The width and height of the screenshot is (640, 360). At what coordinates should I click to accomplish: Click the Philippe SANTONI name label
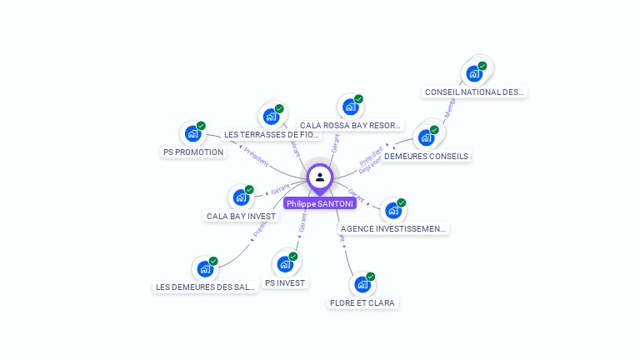pos(319,203)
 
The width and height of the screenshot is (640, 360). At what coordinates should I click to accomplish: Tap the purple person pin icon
pos(319,177)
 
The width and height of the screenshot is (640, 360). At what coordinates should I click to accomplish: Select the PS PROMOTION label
pos(193,152)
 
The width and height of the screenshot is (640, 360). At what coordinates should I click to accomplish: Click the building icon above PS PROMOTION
pos(192,133)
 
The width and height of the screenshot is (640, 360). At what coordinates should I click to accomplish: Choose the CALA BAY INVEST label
pos(241,217)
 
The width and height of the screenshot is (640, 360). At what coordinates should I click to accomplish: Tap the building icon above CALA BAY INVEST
pos(241,197)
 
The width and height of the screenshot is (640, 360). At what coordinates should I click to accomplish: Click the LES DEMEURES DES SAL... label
pos(205,287)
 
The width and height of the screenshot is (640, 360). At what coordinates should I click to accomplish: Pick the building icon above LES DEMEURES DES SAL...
pos(205,268)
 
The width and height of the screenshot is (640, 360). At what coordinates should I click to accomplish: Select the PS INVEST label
pos(286,282)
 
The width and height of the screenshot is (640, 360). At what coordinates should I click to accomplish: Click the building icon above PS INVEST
pos(286,264)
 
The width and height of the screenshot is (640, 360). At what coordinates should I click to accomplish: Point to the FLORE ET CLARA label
pos(362,303)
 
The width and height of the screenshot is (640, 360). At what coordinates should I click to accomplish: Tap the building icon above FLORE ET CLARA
pos(362,284)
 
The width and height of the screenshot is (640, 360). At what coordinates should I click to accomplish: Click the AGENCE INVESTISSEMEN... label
pos(393,228)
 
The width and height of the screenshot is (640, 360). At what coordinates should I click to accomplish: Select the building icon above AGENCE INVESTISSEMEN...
pos(392,210)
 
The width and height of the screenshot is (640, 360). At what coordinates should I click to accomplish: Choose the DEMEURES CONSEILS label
pos(427,156)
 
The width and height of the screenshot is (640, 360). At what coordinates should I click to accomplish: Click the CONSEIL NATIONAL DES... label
pos(475,92)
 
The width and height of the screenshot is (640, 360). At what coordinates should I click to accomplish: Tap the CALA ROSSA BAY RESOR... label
pos(351,126)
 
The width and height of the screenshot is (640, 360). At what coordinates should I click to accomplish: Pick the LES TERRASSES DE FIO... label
pos(272,134)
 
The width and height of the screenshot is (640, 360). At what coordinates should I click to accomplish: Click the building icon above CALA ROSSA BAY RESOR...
pos(350,107)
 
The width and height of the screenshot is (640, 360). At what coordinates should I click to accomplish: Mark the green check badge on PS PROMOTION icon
pos(201,126)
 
